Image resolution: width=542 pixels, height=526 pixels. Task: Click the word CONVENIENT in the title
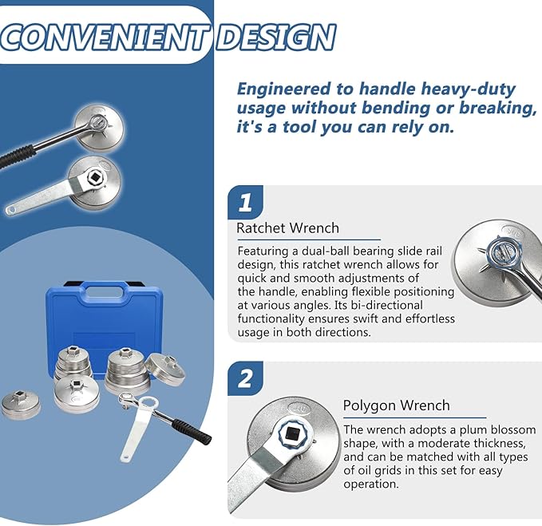coord(103,38)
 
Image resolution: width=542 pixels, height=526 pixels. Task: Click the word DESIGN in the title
coord(276,38)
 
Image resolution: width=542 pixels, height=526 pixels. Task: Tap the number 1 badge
coord(245,202)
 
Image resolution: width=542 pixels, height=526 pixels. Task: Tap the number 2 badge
coord(245,379)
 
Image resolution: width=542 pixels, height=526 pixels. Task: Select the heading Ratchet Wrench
coord(287,228)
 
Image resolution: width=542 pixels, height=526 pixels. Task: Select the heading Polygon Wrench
coord(396,405)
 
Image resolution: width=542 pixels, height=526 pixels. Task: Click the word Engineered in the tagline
coord(283,90)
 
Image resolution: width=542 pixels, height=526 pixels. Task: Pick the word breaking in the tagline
coord(497,109)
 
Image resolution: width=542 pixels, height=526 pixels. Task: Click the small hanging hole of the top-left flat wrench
coord(12,210)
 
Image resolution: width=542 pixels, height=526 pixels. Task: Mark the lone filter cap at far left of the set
coord(21,405)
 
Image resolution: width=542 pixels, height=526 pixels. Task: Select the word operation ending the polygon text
coord(371,484)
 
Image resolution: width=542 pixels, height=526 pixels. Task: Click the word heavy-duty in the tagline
coord(437,90)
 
